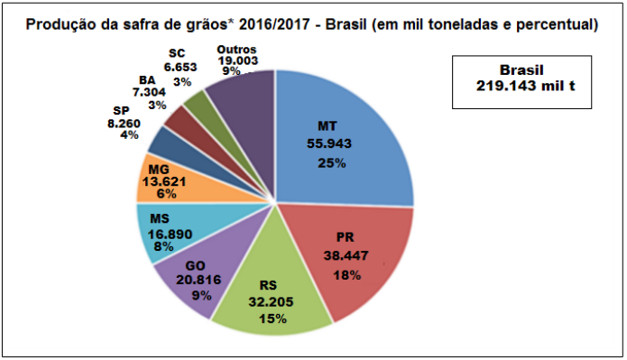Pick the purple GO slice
tap(194, 280)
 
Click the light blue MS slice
tap(162, 232)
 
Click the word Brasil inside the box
tap(524, 69)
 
